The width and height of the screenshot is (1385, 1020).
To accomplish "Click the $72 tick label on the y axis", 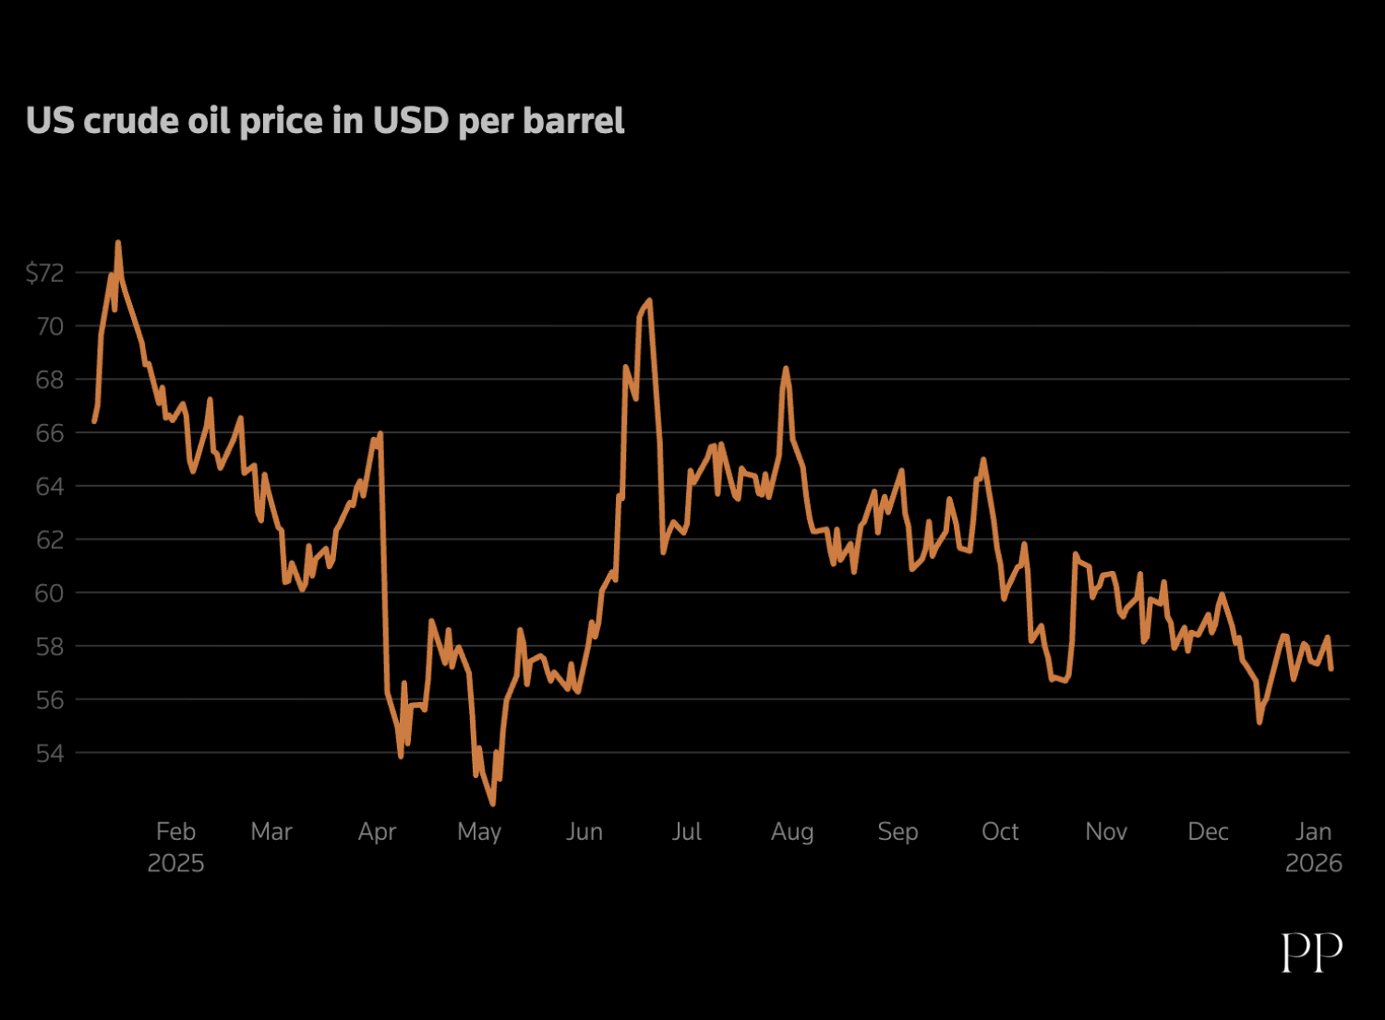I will [44, 273].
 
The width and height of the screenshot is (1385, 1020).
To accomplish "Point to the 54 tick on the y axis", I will [50, 753].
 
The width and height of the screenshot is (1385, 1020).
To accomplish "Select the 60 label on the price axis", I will [50, 593].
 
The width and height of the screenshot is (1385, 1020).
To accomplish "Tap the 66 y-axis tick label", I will [50, 432].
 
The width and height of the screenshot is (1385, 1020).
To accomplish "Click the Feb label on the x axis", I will [175, 832].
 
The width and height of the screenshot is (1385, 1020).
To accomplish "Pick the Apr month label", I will [377, 832].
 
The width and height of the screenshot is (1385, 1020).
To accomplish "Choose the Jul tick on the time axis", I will [687, 832].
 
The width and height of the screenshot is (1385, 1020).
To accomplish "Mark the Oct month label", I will [1000, 832].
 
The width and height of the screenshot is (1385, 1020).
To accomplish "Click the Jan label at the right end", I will [1313, 832].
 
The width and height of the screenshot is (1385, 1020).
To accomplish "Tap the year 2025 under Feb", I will [175, 863].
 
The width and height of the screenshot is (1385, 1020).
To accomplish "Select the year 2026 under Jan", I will [1313, 863].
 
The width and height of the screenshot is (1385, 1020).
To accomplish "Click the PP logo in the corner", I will [1311, 952].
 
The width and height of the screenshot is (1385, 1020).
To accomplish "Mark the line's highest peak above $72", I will [118, 242].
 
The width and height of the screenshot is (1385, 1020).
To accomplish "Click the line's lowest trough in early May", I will [493, 804].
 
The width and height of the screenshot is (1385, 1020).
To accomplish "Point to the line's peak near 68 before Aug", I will [786, 368].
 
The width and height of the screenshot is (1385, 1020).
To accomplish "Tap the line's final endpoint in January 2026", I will [1331, 669].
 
